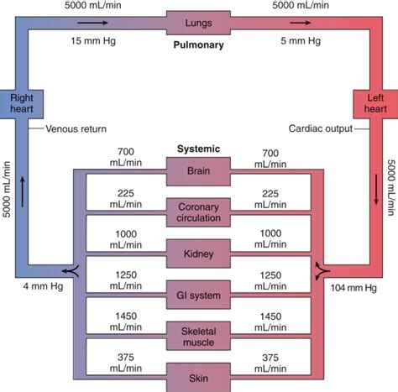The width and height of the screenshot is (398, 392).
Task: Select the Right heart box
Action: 21,104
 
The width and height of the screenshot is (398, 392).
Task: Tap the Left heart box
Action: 375,104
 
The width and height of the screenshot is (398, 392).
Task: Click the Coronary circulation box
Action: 198,211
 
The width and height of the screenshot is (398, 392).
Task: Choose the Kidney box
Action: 198,250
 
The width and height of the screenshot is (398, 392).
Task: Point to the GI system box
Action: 198,295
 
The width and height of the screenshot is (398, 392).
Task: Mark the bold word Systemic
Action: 199,149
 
